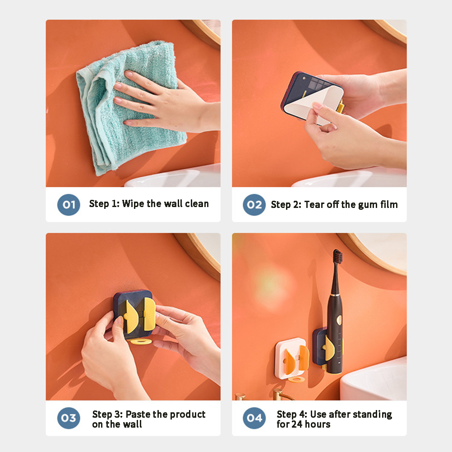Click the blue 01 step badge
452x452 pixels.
click(69, 205)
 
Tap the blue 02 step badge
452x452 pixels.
click(254, 205)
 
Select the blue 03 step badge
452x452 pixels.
click(69, 418)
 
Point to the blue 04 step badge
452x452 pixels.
click(254, 418)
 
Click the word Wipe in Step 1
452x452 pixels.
click(133, 204)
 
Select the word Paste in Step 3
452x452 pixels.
click(138, 414)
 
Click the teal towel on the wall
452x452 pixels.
click(131, 106)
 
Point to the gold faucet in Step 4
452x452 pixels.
click(281, 394)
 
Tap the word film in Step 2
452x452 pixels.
click(389, 204)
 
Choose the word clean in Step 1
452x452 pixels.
click(197, 204)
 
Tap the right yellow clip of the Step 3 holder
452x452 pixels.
click(149, 314)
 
